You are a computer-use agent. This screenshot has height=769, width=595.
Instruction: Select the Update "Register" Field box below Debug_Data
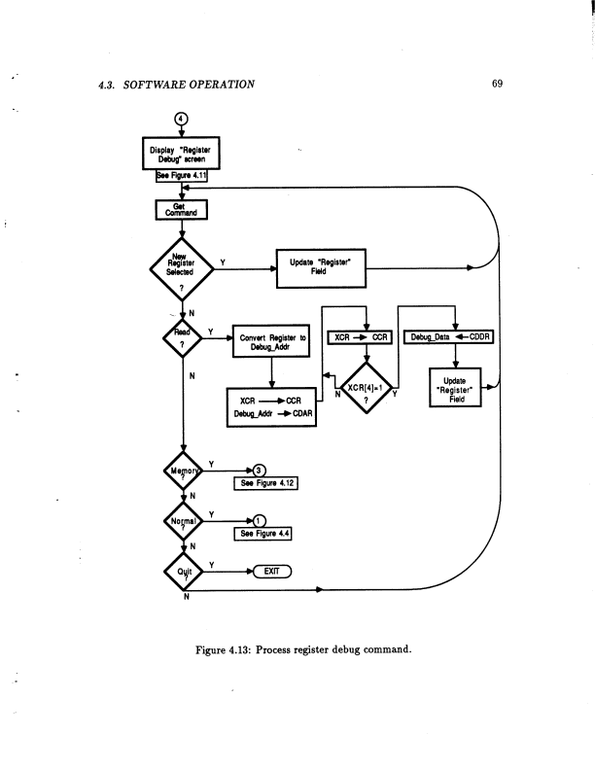click(x=461, y=388)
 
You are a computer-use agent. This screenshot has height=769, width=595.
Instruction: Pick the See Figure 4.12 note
click(x=259, y=482)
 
